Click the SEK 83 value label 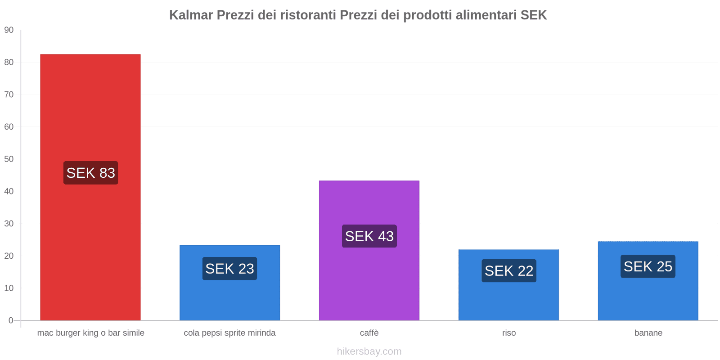click(90, 173)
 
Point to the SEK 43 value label click(369, 236)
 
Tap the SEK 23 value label click(229, 269)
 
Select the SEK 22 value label click(508, 271)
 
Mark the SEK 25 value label click(648, 266)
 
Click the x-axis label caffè click(369, 333)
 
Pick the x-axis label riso click(509, 333)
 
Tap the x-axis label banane click(648, 333)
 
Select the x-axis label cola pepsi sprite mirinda click(229, 333)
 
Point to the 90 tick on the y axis click(9, 30)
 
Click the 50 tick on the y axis click(9, 159)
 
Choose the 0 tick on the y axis click(11, 320)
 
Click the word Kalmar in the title click(191, 15)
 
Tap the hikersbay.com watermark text click(369, 351)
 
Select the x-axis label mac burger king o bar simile click(90, 333)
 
